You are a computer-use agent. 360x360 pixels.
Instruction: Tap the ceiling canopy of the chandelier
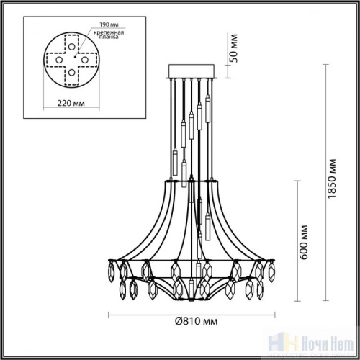(193, 71)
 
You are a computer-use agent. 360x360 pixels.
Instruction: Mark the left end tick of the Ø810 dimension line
(109, 315)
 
